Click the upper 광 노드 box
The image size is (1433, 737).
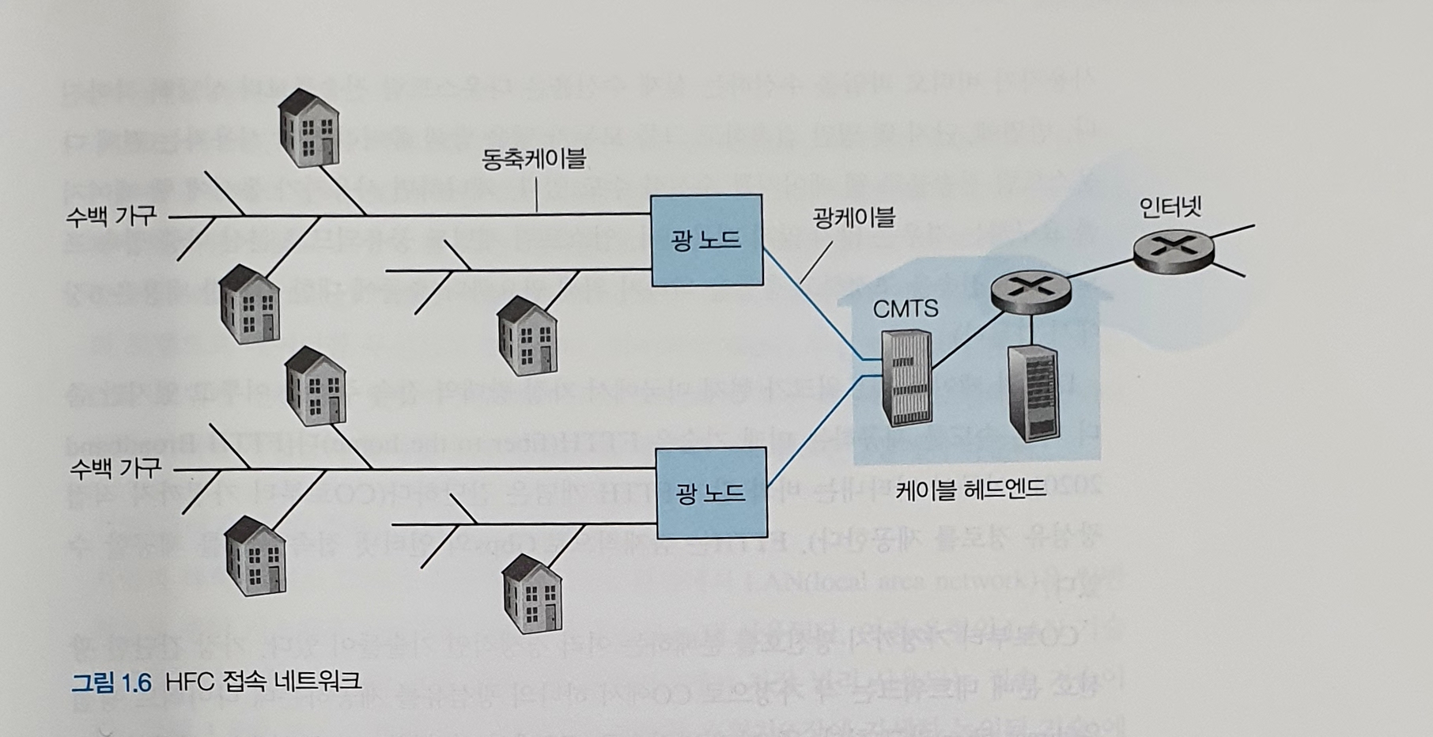[x=706, y=240]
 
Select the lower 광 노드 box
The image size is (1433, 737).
[x=711, y=492]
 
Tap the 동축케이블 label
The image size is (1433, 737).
[x=534, y=159]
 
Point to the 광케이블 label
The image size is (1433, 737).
[x=853, y=217]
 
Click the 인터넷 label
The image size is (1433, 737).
[x=1170, y=207]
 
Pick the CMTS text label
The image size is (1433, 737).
[x=906, y=308]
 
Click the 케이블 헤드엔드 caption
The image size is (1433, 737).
[x=970, y=489]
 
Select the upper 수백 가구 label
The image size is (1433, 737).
[x=112, y=216]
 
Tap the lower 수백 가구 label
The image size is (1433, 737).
[x=115, y=469]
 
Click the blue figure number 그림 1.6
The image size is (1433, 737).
[x=112, y=682]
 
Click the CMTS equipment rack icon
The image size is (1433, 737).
[x=907, y=377]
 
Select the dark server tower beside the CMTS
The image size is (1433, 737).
[x=1033, y=393]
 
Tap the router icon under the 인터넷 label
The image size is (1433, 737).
[x=1173, y=248]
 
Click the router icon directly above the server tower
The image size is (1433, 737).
[x=1030, y=287]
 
